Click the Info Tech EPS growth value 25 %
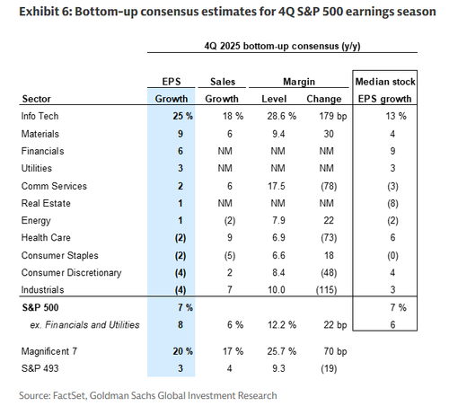tap(182, 116)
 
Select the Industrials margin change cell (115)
tap(326, 290)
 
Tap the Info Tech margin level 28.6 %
tap(282, 116)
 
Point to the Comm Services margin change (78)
tap(329, 186)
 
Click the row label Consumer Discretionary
tap(71, 273)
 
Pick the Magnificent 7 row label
tap(49, 351)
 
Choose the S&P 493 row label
tap(40, 368)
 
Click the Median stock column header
tap(385, 82)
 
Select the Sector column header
tap(37, 99)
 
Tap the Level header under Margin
tap(274, 99)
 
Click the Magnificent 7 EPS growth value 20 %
tap(182, 351)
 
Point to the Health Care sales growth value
tap(230, 237)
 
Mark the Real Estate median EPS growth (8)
tap(392, 204)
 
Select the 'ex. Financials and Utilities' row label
tap(84, 325)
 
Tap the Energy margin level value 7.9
tap(278, 220)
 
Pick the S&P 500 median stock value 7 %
tap(398, 307)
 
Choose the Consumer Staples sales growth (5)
tap(230, 256)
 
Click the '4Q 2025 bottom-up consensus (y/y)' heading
tap(282, 46)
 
